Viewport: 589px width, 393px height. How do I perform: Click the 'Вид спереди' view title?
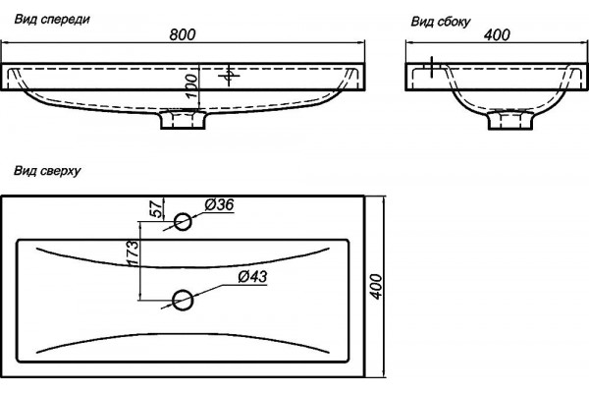[x=52, y=20]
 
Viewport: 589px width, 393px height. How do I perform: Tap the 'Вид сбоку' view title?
[x=440, y=22]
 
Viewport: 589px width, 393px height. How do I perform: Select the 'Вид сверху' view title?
[x=47, y=171]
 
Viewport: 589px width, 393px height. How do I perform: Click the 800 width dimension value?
[x=183, y=34]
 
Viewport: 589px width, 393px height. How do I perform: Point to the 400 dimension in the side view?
[x=497, y=35]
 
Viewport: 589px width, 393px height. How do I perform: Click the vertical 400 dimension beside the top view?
[x=376, y=287]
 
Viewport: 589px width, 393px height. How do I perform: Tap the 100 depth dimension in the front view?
[x=191, y=85]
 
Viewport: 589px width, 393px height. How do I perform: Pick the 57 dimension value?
[x=157, y=208]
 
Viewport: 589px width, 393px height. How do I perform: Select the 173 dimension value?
[x=133, y=253]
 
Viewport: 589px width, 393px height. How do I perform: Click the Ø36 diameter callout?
[x=219, y=205]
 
